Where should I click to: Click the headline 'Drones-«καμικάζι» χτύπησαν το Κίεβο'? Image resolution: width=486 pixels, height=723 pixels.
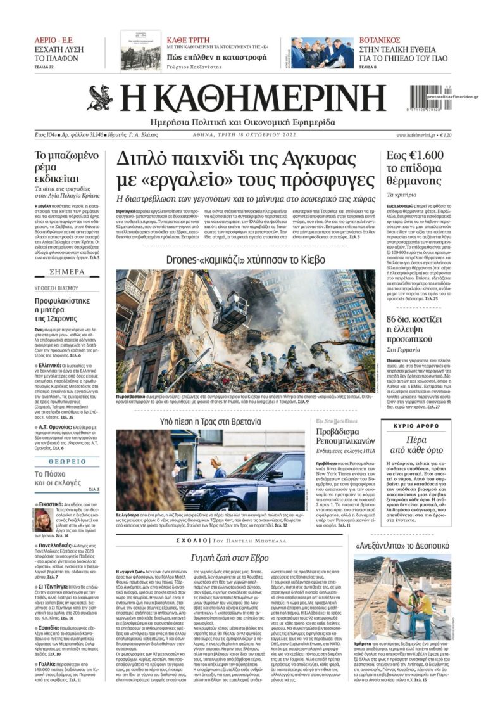coord(246,260)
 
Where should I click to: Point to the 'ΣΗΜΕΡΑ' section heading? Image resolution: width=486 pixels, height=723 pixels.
coord(67,272)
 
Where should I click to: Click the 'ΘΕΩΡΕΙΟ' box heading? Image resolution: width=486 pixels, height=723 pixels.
coord(67,461)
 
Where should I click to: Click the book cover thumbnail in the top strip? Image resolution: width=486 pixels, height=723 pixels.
coord(140,51)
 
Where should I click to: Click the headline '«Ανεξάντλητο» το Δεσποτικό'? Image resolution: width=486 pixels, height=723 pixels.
coord(402,544)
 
